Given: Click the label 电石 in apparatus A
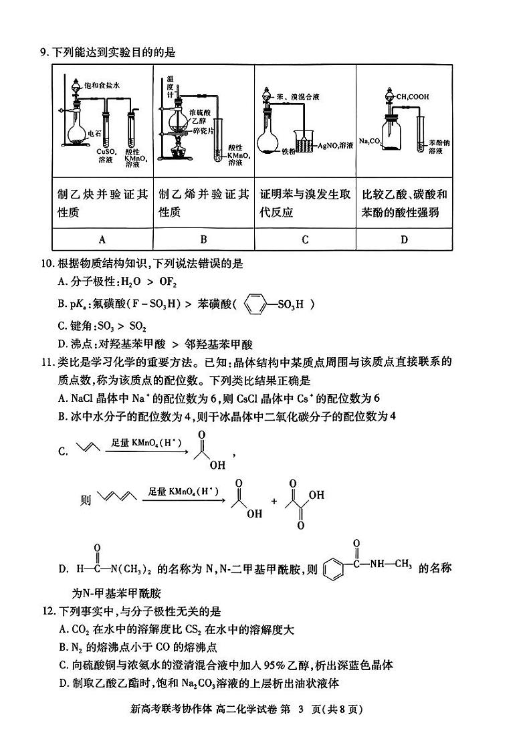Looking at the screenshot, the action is (x=96, y=134).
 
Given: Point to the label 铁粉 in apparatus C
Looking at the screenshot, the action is (x=288, y=151).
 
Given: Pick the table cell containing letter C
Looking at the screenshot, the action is (x=304, y=239).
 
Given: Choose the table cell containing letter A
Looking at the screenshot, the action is (x=102, y=239).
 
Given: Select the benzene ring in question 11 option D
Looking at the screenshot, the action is (x=332, y=571).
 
